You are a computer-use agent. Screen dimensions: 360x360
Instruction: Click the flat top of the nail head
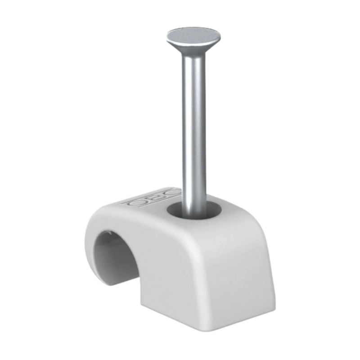pyautogui.click(x=193, y=36)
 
